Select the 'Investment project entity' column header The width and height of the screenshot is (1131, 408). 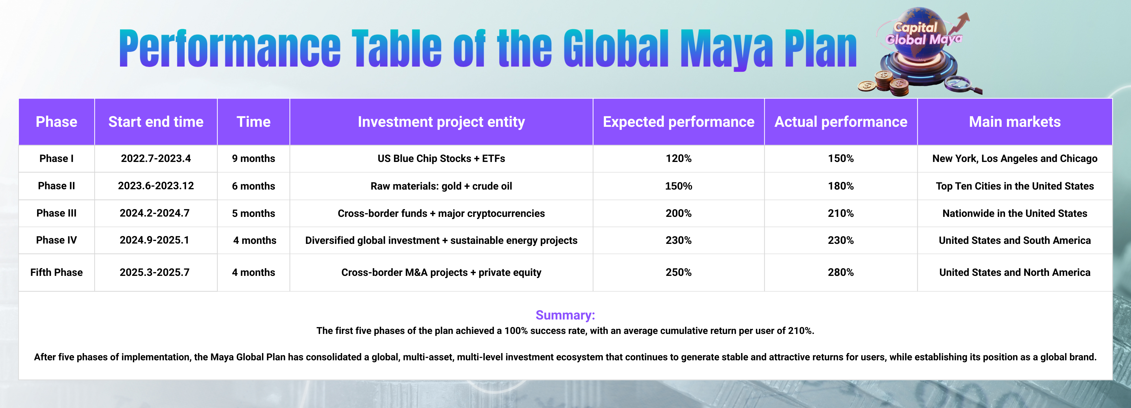(441, 121)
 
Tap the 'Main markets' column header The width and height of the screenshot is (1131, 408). (1015, 121)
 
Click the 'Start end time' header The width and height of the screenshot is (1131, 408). (156, 121)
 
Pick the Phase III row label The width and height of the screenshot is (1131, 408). (56, 213)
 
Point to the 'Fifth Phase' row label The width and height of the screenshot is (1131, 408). (56, 272)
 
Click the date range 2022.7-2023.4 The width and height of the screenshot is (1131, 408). (156, 158)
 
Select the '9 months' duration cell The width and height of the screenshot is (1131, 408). (253, 158)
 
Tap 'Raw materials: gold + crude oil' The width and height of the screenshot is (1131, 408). (441, 186)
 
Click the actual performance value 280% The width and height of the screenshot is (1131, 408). (841, 272)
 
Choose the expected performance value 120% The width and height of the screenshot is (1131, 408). (678, 158)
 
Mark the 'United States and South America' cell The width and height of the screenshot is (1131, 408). (1015, 240)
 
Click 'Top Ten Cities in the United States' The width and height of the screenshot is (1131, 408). (1015, 186)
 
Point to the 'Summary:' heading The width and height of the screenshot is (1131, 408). (565, 315)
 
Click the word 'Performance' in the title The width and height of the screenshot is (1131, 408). (230, 48)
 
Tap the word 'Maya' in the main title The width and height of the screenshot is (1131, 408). (727, 50)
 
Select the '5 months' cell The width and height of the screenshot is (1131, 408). (253, 213)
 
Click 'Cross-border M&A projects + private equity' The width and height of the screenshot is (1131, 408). (441, 272)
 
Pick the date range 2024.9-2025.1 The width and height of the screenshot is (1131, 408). (155, 240)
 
